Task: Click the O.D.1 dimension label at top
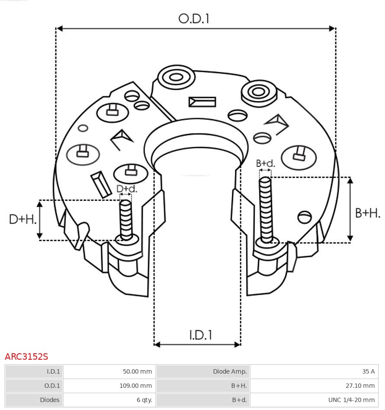click(194, 19)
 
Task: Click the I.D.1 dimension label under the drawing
click(201, 335)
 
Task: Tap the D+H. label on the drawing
click(22, 219)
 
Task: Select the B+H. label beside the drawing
click(368, 213)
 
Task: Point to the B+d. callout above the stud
click(265, 163)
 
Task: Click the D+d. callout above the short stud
click(126, 189)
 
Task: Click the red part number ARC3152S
click(26, 357)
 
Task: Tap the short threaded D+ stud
click(126, 219)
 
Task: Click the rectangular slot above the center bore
click(202, 102)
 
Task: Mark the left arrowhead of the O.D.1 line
click(60, 29)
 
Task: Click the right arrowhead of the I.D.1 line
click(237, 345)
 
